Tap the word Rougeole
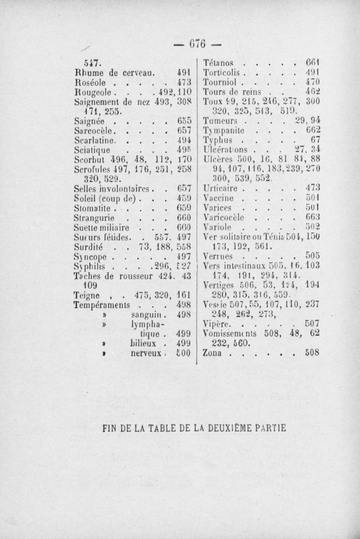point(90,92)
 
